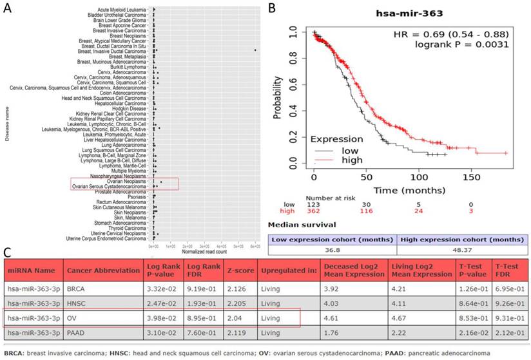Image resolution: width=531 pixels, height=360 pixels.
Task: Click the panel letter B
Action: (273, 8)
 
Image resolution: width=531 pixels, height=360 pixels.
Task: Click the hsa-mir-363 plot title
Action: (407, 14)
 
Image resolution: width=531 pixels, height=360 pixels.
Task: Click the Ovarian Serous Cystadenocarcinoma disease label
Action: (109, 187)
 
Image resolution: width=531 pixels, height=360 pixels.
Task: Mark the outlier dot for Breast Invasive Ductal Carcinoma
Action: (255, 50)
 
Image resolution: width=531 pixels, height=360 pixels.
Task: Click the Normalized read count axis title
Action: (204, 251)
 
